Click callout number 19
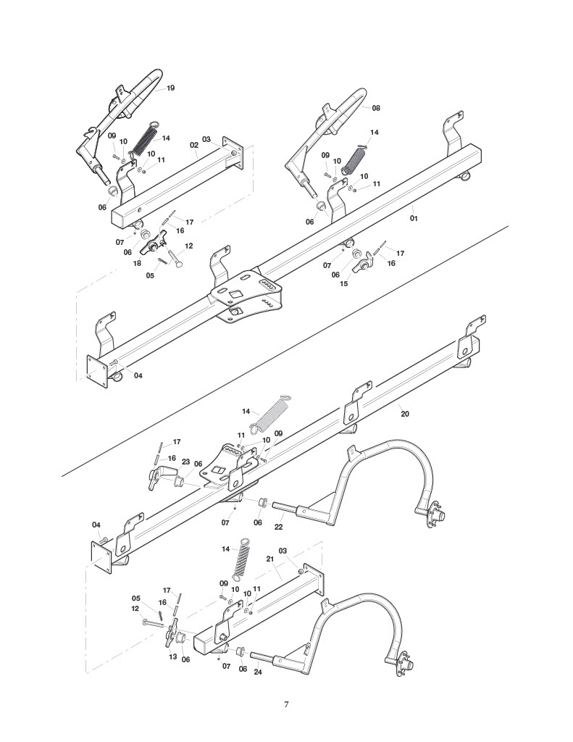(171, 88)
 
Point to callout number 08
(376, 108)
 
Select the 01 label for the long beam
(414, 218)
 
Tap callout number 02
(194, 145)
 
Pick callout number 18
(137, 263)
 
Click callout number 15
(344, 283)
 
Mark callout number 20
(405, 414)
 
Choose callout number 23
(185, 462)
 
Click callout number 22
(279, 527)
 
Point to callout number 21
(270, 559)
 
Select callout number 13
(172, 656)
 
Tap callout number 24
(258, 671)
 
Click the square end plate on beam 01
(99, 372)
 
